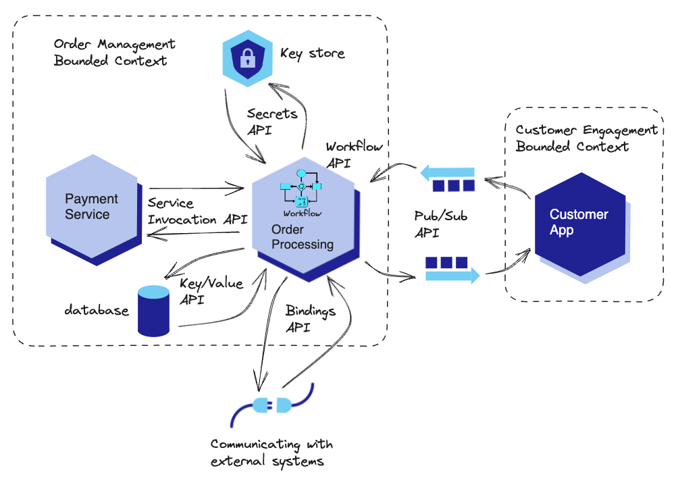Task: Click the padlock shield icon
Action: point(248,59)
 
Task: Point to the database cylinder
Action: point(153,311)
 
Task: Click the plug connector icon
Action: point(271,405)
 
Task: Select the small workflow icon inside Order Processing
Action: point(302,191)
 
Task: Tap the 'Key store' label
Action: point(312,53)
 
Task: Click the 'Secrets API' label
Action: point(271,122)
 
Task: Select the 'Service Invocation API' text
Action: point(197,211)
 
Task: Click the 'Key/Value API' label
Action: point(211,292)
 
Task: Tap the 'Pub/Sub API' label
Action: point(440,224)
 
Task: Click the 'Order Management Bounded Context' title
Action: point(114,52)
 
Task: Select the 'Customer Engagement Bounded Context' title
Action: point(586,138)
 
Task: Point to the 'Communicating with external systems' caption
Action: point(271,453)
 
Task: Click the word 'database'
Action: point(96,311)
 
